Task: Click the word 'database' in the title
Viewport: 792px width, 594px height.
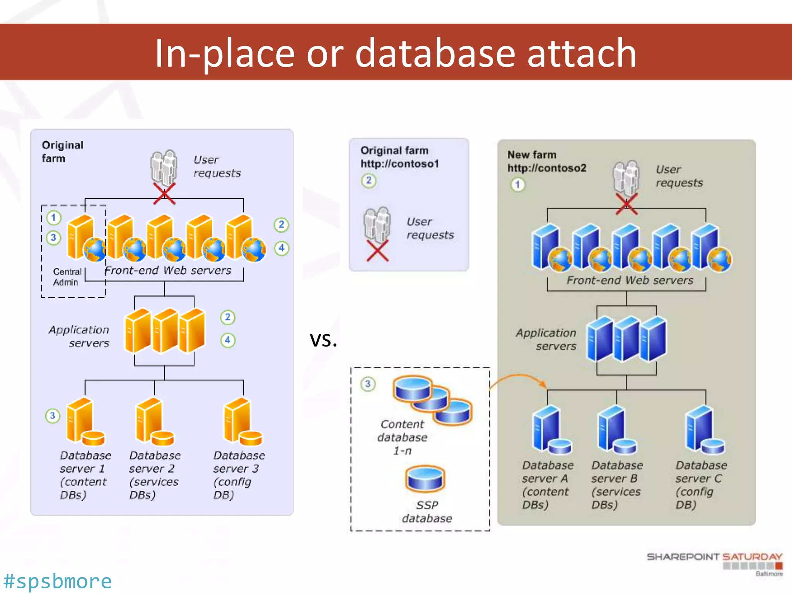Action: point(435,53)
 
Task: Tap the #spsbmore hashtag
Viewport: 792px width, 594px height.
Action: point(58,581)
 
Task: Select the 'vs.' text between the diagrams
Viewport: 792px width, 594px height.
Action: point(323,340)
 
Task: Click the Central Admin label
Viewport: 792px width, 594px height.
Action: point(67,277)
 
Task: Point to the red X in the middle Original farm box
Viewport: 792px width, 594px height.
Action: point(377,251)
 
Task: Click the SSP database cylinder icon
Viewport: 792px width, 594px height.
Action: point(425,479)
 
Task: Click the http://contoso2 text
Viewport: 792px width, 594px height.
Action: point(547,168)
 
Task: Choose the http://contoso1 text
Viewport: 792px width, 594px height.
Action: point(400,164)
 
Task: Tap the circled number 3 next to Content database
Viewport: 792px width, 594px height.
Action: point(368,384)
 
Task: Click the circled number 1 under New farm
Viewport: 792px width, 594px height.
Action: point(518,184)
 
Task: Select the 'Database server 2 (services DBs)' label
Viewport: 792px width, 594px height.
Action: point(154,475)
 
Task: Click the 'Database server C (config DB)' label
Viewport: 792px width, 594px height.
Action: point(700,485)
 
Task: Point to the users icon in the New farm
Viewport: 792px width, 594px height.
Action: point(625,178)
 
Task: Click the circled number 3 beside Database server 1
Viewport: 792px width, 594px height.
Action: point(53,416)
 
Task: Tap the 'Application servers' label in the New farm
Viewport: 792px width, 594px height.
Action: point(546,339)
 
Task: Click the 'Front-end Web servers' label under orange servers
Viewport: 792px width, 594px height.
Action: point(168,270)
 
